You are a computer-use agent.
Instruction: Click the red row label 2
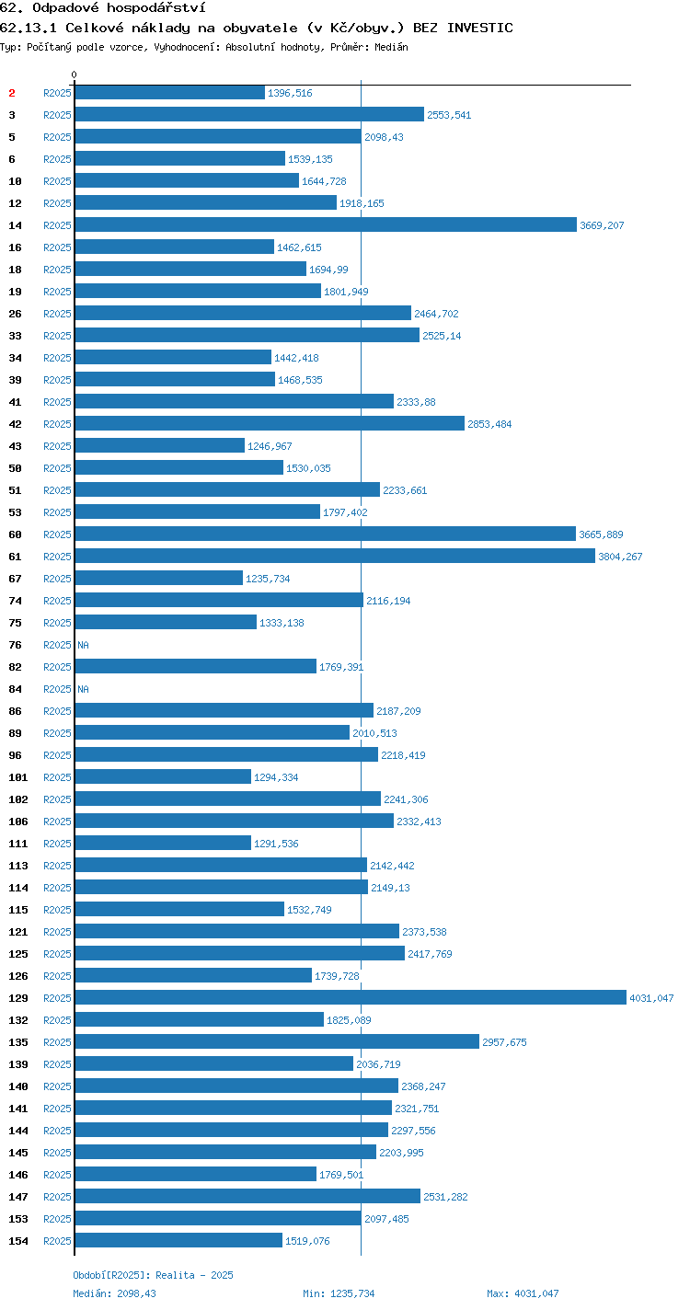pyautogui.click(x=12, y=93)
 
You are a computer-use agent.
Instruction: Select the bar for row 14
pyautogui.click(x=326, y=224)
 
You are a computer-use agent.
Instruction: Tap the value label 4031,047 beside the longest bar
pyautogui.click(x=651, y=998)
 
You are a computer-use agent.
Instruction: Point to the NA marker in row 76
pyautogui.click(x=83, y=645)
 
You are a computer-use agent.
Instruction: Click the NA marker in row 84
pyautogui.click(x=83, y=689)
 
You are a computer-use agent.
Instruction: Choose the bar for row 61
pyautogui.click(x=335, y=556)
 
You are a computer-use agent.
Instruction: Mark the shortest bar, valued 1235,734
pyautogui.click(x=159, y=578)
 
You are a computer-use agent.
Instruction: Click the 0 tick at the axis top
pyautogui.click(x=75, y=75)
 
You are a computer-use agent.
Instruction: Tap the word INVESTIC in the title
pyautogui.click(x=480, y=28)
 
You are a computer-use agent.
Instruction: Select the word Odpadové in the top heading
pyautogui.click(x=66, y=7)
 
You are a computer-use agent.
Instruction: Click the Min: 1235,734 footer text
pyautogui.click(x=339, y=1293)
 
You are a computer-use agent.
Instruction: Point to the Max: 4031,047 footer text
pyautogui.click(x=523, y=1293)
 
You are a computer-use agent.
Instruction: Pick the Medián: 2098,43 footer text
pyautogui.click(x=115, y=1293)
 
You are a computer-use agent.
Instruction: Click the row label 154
pyautogui.click(x=18, y=1240)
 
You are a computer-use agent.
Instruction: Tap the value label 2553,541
pyautogui.click(x=449, y=115)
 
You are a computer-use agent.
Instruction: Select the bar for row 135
pyautogui.click(x=277, y=1041)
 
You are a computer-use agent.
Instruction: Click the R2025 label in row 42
pyautogui.click(x=57, y=424)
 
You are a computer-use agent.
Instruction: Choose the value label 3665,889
pyautogui.click(x=601, y=534)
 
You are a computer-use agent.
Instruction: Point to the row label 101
pyautogui.click(x=18, y=777)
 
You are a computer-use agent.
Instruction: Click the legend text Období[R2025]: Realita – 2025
pyautogui.click(x=154, y=1275)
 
